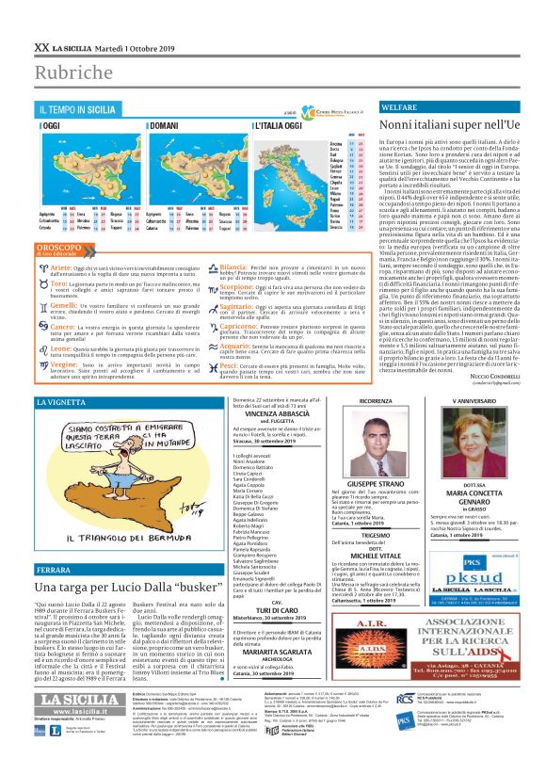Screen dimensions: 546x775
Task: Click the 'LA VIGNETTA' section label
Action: coord(65,402)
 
